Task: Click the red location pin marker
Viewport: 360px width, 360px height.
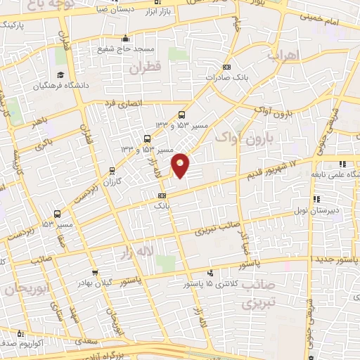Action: point(181,165)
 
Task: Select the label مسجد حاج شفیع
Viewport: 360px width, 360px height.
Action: point(126,50)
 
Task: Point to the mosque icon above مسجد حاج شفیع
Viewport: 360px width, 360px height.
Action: point(126,39)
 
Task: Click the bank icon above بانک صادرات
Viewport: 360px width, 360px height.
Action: point(226,67)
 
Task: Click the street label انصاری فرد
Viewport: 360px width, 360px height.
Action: point(123,104)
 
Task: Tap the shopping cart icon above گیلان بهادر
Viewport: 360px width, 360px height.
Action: point(94,273)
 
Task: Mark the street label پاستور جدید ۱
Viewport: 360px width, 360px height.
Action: point(334,259)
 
